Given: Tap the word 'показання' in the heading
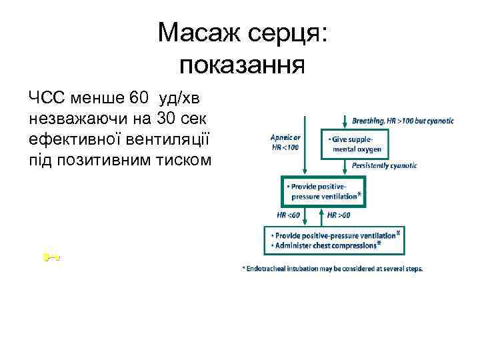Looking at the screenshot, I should (x=242, y=65).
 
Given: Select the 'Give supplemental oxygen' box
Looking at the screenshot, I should (x=357, y=144).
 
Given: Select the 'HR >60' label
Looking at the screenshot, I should (x=339, y=215).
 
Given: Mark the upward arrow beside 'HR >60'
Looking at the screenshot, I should (x=324, y=215).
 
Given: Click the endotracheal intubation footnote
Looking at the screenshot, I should (x=332, y=269).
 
